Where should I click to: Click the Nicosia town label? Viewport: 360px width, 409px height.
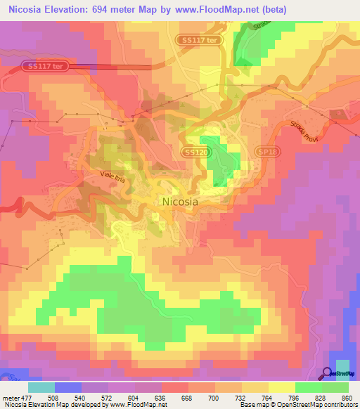pyautogui.click(x=180, y=201)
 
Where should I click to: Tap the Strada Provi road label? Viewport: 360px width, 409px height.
pyautogui.click(x=306, y=134)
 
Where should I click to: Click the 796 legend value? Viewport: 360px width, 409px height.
pyautogui.click(x=295, y=397)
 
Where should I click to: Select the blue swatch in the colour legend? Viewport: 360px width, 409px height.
pyautogui.click(x=67, y=387)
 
